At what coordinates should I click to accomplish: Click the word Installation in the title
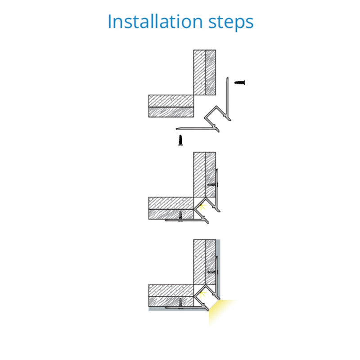coord(155,21)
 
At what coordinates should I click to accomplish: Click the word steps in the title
coord(231,22)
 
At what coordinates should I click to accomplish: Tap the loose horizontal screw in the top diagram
coord(240,82)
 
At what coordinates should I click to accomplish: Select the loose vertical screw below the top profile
coord(180,140)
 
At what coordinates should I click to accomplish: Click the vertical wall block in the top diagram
coord(204,72)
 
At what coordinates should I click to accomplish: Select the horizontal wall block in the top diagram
coord(171,106)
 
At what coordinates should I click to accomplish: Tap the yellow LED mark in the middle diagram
coord(202,207)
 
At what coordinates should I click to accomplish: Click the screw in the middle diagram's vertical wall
coord(212,184)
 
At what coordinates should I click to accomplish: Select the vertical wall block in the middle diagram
coord(204,175)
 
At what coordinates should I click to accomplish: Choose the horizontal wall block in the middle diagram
coord(171,208)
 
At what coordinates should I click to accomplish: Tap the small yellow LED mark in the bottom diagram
coord(202,294)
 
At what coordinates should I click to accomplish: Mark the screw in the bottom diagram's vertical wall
coord(212,272)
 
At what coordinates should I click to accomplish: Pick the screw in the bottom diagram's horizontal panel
coord(180,303)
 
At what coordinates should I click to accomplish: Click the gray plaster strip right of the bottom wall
coord(218,270)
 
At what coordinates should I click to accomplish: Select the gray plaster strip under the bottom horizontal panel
coord(178,309)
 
